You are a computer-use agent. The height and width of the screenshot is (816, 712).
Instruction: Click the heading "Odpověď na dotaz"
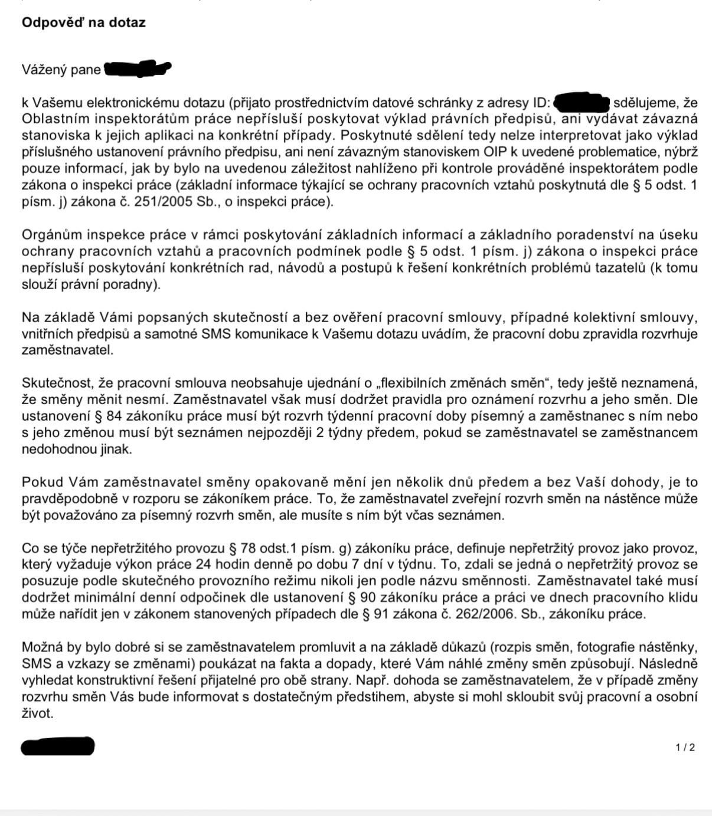point(83,22)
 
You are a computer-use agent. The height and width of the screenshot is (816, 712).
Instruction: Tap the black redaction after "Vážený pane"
point(136,69)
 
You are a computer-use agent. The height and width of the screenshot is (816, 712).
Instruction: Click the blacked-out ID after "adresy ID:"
point(581,103)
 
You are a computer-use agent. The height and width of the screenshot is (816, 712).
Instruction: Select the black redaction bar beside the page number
point(58,746)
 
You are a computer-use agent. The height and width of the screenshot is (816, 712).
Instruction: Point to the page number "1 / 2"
point(685,748)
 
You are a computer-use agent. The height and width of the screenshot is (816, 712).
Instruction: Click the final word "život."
point(37,713)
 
